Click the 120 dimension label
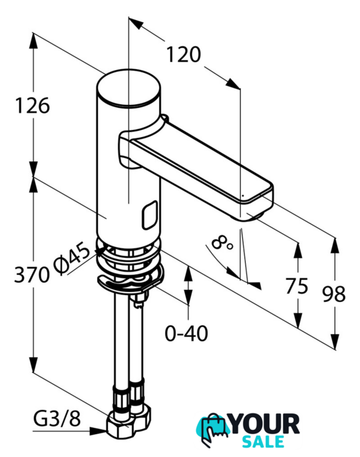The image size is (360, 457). click(184, 55)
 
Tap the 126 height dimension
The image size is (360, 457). click(32, 106)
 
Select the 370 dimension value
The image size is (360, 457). click(31, 274)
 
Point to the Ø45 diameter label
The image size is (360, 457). click(72, 259)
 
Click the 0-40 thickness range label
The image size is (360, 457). click(186, 333)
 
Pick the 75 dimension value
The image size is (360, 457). click(296, 286)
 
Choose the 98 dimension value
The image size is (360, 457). click(334, 293)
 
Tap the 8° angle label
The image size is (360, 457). click(221, 243)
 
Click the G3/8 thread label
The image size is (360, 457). click(57, 419)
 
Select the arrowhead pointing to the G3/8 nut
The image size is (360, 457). click(99, 431)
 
